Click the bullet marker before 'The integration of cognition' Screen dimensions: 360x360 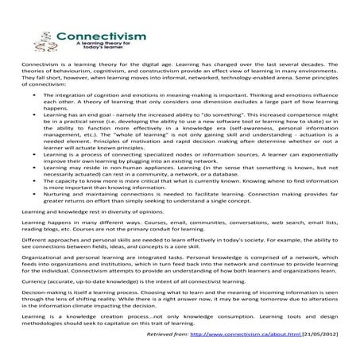(x=34, y=117)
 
